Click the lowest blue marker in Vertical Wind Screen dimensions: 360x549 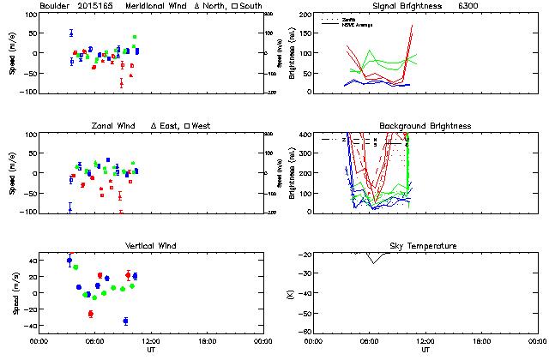[125, 321]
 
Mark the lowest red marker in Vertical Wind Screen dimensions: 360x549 [90, 314]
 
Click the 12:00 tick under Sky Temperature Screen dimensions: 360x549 [425, 340]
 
